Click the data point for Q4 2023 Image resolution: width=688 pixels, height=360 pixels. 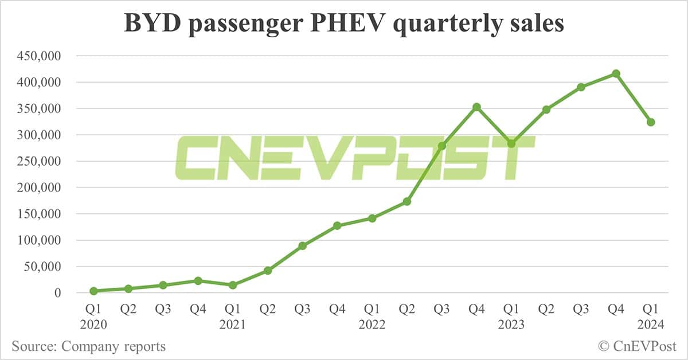click(616, 74)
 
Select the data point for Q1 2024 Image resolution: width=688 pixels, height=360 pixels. click(651, 122)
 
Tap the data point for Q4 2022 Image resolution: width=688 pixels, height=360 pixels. click(476, 107)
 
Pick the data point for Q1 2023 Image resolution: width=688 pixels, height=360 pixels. click(511, 143)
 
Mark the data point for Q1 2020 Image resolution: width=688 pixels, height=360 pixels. click(93, 291)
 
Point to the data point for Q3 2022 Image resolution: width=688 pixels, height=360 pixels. click(441, 146)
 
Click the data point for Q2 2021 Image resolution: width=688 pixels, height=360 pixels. click(268, 271)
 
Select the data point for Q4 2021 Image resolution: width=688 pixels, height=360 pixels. click(337, 226)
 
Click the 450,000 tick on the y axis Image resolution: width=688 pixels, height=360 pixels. click(40, 56)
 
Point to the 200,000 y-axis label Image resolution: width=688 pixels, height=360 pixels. click(40, 187)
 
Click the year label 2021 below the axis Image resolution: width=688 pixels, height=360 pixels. click(233, 324)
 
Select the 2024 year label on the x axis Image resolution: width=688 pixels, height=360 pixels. click(651, 324)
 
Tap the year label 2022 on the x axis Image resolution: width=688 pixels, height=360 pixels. click(372, 324)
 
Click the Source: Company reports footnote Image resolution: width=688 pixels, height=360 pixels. click(88, 346)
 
